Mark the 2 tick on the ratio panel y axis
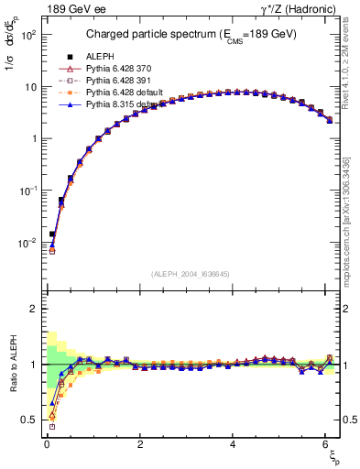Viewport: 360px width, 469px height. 31,309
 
